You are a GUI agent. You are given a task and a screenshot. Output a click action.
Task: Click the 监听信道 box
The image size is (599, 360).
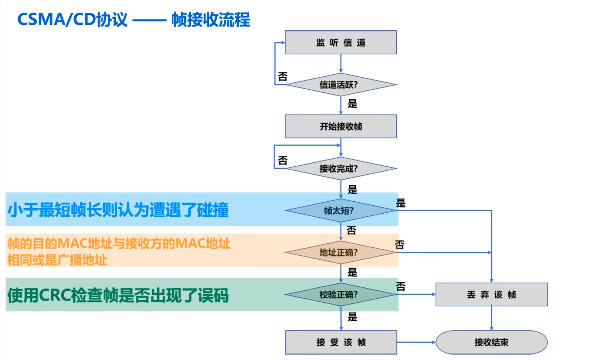(x=341, y=42)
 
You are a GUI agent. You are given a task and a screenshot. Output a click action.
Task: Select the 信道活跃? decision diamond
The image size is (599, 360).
(x=341, y=85)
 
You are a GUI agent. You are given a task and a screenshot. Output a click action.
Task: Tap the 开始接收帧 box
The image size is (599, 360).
(x=341, y=127)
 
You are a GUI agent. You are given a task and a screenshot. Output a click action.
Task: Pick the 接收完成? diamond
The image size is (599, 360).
(x=341, y=169)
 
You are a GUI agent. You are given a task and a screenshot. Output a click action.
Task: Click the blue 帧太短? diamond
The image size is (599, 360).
(x=341, y=210)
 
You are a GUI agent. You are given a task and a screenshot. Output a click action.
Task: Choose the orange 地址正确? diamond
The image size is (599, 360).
(x=341, y=252)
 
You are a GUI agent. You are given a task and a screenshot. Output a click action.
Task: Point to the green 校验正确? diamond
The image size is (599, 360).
(x=341, y=294)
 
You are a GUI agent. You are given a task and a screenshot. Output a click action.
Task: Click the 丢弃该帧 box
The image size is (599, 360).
(x=491, y=294)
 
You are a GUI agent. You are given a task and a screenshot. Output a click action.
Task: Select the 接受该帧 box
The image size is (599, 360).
(x=341, y=342)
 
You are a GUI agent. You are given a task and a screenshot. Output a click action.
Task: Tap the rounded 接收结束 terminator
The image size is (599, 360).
(x=491, y=342)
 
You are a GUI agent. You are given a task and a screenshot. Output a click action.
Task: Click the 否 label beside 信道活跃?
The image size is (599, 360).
(x=283, y=77)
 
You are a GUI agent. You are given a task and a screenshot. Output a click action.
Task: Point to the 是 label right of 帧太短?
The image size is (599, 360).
(x=401, y=203)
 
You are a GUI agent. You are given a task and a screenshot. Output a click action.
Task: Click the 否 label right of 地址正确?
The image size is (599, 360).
(x=400, y=245)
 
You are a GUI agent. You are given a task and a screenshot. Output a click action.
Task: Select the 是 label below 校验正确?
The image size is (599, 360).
(x=352, y=317)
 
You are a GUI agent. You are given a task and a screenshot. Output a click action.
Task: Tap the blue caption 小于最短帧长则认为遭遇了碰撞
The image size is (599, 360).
(x=118, y=210)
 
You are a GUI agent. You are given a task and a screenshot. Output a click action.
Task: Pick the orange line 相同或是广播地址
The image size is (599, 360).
(x=57, y=260)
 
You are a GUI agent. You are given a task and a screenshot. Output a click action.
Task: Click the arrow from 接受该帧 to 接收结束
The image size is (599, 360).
(x=416, y=342)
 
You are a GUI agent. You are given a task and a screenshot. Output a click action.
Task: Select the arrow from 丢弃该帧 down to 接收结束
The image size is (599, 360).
(x=491, y=318)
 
